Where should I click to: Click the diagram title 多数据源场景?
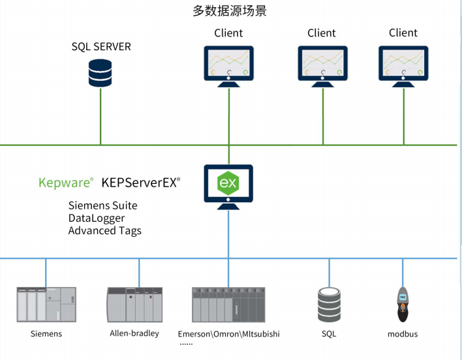(x=229, y=11)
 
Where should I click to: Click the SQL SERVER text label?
(x=101, y=47)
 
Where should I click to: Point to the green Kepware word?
(x=64, y=183)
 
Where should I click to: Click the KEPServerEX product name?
(x=139, y=183)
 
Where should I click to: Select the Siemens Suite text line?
(x=103, y=205)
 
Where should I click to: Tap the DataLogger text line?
(x=97, y=218)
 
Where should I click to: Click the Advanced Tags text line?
(x=105, y=230)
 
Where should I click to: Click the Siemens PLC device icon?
(x=46, y=305)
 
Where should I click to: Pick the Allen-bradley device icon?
(x=134, y=305)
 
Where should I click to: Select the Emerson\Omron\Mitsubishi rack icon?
(x=228, y=305)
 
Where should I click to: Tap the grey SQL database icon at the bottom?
(x=329, y=305)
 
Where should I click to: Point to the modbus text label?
(x=403, y=334)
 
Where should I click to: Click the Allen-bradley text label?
(x=134, y=333)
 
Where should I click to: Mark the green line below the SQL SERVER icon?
(x=100, y=117)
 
